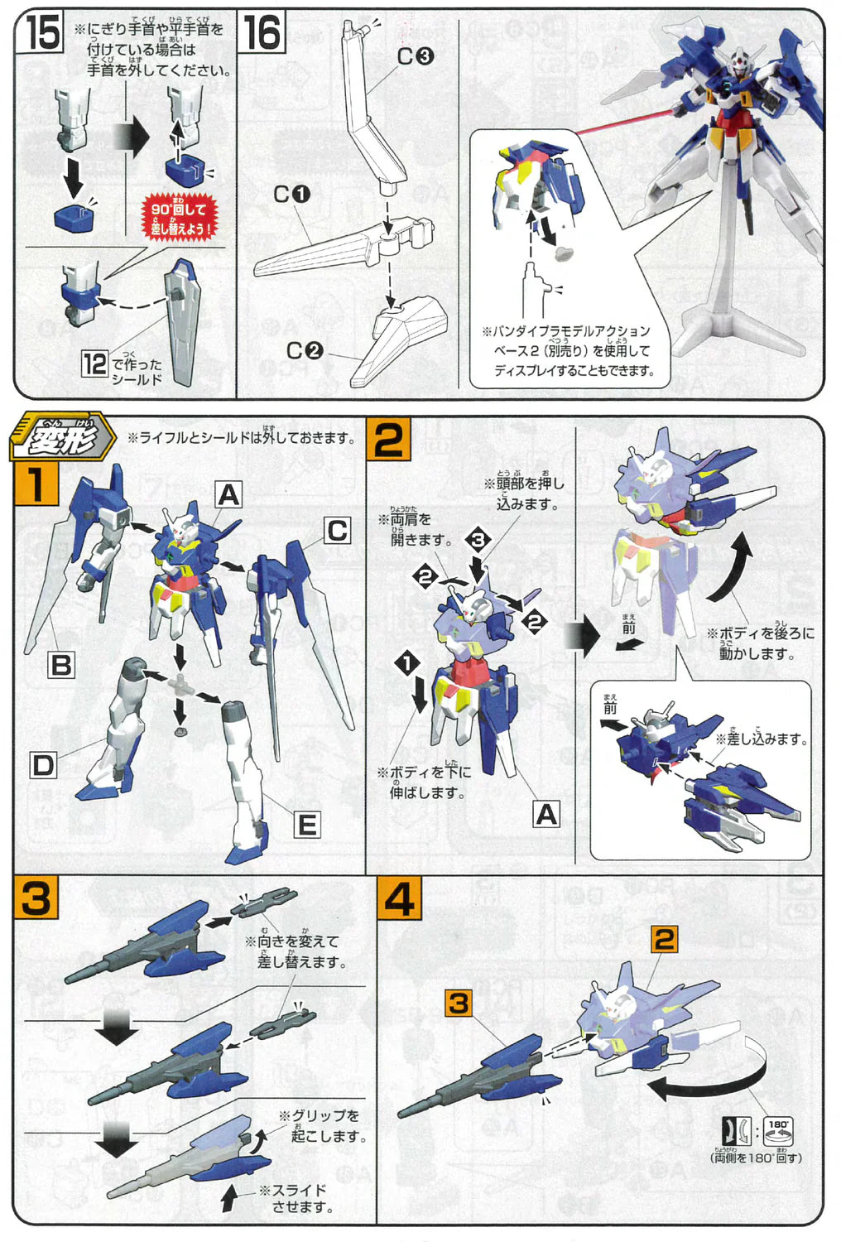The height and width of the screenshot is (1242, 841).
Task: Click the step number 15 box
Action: tap(42, 34)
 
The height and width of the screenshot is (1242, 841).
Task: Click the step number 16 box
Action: tap(262, 34)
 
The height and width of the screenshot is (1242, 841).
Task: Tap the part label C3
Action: tap(415, 56)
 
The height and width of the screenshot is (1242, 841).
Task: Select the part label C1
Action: tap(291, 195)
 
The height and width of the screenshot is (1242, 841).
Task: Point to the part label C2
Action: tap(304, 351)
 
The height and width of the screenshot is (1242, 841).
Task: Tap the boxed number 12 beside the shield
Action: tap(94, 363)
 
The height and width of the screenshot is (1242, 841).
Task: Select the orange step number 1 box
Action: tap(36, 484)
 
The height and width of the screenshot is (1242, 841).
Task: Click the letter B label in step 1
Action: tap(61, 665)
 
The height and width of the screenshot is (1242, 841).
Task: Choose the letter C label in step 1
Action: tap(337, 530)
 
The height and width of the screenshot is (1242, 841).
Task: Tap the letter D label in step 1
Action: tap(43, 765)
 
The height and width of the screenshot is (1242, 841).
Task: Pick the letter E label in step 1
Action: tap(307, 825)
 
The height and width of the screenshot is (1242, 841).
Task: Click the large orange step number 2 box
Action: tap(387, 440)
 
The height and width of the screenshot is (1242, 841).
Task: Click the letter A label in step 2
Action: tap(546, 815)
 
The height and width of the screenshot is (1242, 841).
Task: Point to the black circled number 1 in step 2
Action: tap(407, 662)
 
